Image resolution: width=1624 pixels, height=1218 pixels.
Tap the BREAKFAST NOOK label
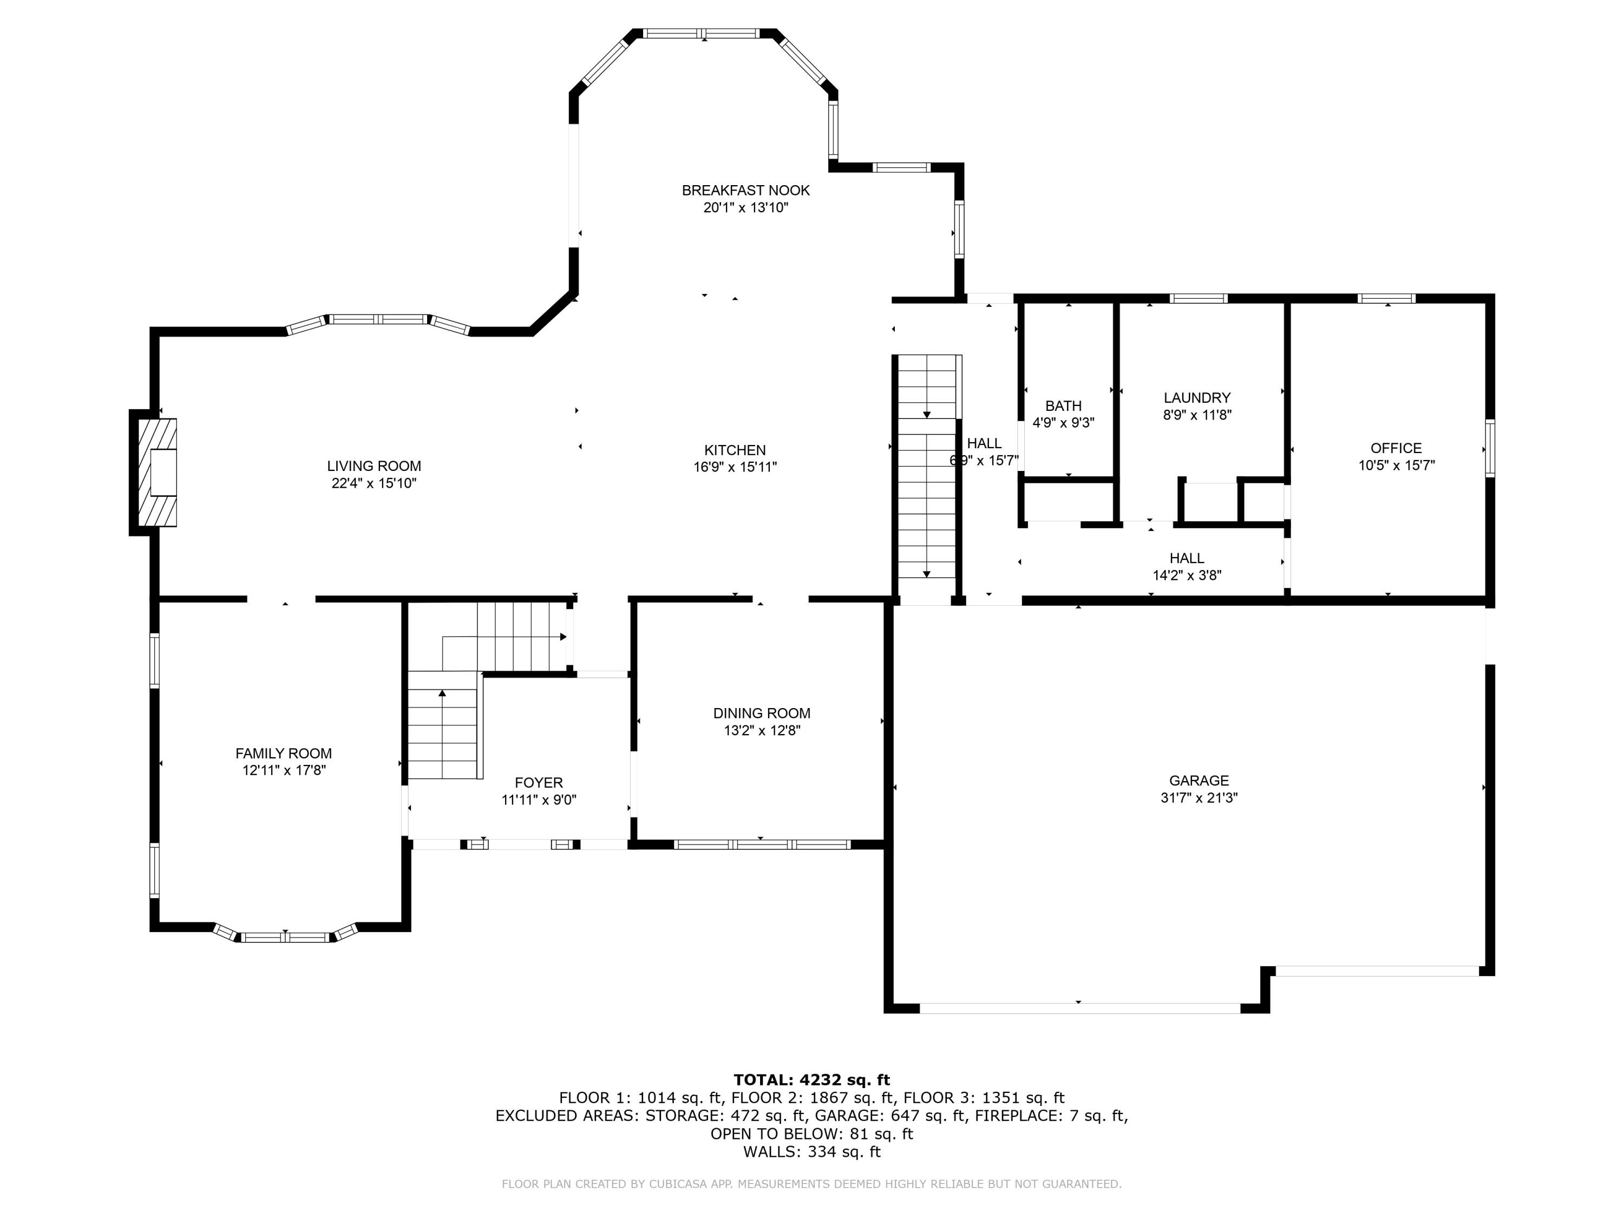pyautogui.click(x=746, y=190)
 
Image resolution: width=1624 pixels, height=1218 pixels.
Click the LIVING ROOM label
pyautogui.click(x=374, y=466)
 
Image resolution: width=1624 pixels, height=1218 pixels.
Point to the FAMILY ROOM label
pyautogui.click(x=284, y=754)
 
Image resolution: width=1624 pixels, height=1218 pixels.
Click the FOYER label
pyautogui.click(x=539, y=783)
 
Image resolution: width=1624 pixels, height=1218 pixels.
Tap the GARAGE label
pyautogui.click(x=1199, y=781)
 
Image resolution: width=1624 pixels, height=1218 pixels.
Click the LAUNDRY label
pyautogui.click(x=1197, y=397)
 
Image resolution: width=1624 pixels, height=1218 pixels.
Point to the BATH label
pyautogui.click(x=1063, y=406)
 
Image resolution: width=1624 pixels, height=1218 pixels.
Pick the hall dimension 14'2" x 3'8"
pyautogui.click(x=1187, y=575)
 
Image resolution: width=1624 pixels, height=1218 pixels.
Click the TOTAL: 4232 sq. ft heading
pyautogui.click(x=811, y=1080)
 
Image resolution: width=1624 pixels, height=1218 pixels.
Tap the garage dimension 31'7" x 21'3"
pyautogui.click(x=1199, y=798)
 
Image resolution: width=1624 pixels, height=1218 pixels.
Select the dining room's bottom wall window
pyautogui.click(x=762, y=844)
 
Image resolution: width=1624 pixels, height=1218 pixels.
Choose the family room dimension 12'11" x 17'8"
pyautogui.click(x=284, y=771)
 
